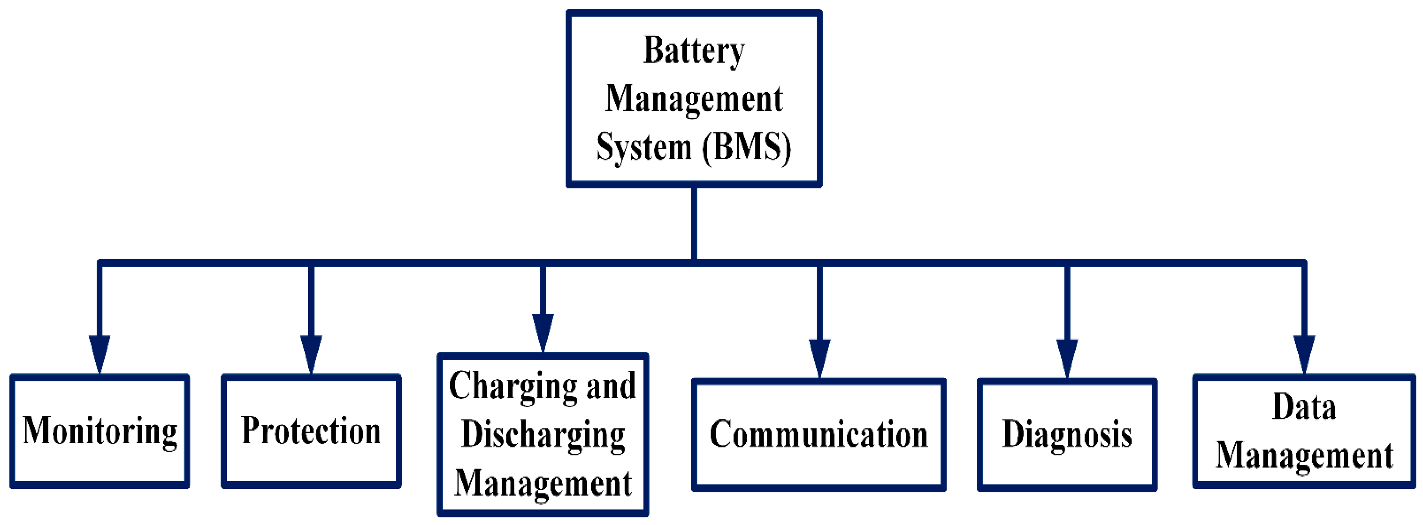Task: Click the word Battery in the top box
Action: click(x=694, y=51)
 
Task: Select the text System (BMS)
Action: click(x=694, y=147)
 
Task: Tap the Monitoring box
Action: click(x=99, y=431)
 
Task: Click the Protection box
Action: click(x=311, y=431)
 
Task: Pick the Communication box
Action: click(x=819, y=434)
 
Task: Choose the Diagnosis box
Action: click(x=1067, y=434)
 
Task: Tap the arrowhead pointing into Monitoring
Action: click(x=99, y=354)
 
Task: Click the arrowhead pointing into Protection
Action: click(x=311, y=354)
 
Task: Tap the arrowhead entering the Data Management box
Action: click(x=1304, y=354)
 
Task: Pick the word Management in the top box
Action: click(x=694, y=99)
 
